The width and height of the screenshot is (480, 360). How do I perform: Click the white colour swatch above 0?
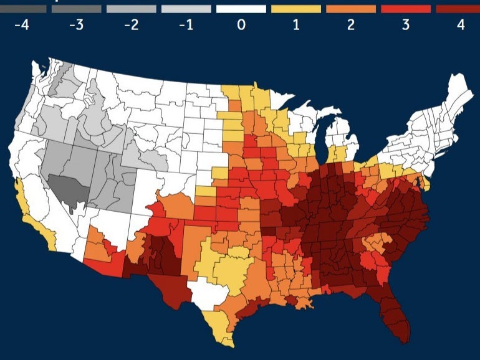(241, 9)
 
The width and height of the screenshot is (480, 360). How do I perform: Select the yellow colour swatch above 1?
(296, 9)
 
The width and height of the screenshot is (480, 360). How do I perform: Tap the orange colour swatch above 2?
(351, 9)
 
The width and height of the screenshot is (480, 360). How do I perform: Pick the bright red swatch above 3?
(406, 9)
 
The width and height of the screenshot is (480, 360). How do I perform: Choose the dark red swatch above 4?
(458, 9)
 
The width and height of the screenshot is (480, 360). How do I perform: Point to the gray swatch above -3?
(77, 9)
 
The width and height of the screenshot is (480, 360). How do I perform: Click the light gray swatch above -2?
(132, 9)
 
